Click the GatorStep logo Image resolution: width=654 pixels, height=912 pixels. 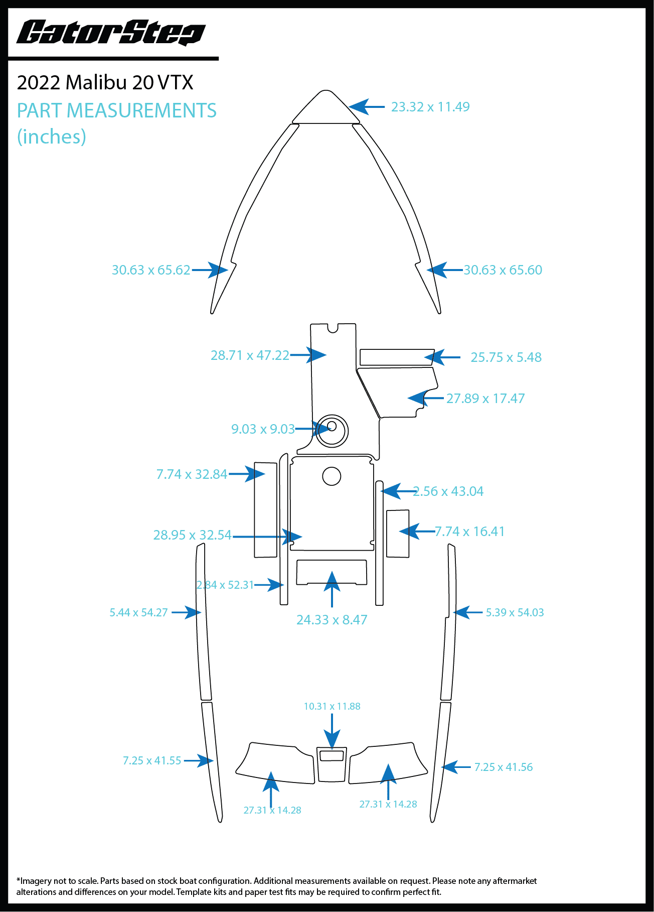click(111, 33)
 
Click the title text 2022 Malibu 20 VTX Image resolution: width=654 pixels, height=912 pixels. click(105, 82)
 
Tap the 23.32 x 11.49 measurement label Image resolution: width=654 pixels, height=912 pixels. click(430, 107)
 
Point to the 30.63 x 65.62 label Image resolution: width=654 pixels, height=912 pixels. click(151, 270)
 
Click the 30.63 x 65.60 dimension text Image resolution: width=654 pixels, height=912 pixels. click(503, 270)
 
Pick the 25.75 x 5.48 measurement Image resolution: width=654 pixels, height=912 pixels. click(506, 357)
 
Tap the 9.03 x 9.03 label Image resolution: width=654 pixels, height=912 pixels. click(263, 429)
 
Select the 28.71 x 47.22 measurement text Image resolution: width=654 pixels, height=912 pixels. click(250, 355)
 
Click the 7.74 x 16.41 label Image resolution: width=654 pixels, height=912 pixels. click(469, 532)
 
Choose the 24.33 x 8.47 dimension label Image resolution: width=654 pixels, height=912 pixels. click(332, 620)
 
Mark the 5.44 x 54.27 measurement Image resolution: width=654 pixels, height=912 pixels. click(138, 612)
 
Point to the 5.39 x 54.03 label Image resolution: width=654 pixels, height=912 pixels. click(515, 612)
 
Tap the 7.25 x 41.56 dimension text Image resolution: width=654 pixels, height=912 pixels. click(504, 767)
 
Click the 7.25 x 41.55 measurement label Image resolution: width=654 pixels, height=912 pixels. click(152, 760)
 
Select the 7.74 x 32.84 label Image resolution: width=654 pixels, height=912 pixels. click(192, 474)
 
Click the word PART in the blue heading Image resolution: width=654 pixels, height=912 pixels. click(40, 111)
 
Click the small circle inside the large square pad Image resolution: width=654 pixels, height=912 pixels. click(332, 476)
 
